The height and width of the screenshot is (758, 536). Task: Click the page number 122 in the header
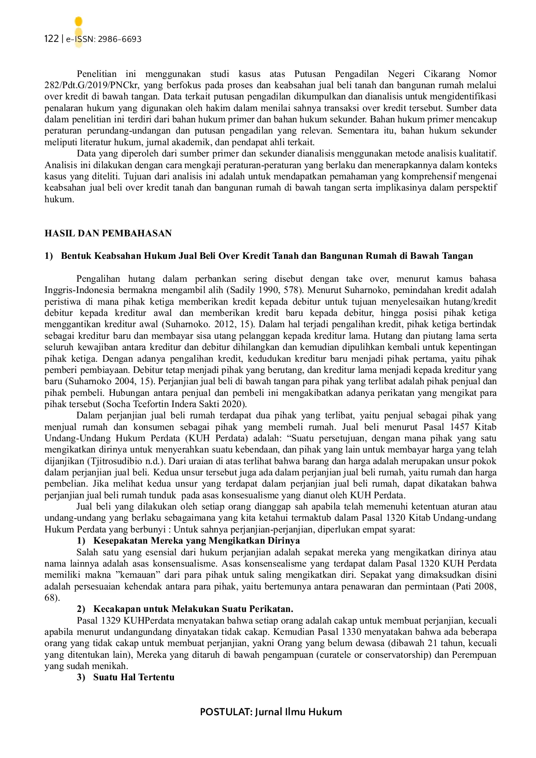[51, 39]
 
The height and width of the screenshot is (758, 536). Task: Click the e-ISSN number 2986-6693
[120, 39]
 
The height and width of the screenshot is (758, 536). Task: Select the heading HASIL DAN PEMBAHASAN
[108, 233]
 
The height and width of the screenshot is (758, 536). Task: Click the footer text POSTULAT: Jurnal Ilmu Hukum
[271, 712]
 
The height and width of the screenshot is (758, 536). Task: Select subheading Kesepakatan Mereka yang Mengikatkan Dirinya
[196, 541]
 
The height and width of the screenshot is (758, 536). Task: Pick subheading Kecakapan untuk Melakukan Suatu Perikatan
[193, 609]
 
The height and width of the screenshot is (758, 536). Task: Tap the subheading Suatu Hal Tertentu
[133, 677]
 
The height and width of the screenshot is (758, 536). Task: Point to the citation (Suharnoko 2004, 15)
[110, 382]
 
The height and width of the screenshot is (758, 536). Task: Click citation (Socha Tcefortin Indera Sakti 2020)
[175, 404]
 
